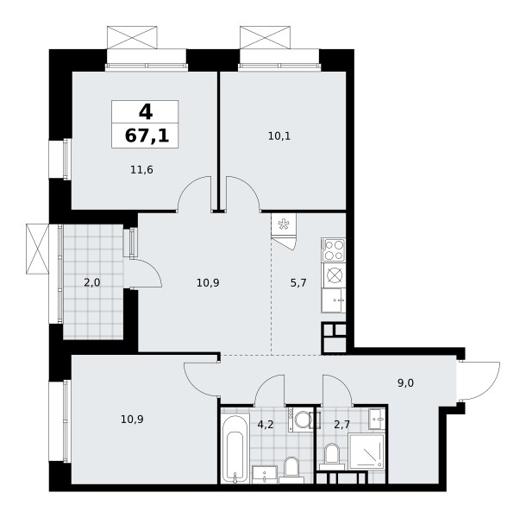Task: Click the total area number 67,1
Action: click(147, 136)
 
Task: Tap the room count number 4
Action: click(146, 111)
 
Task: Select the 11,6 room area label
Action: click(141, 170)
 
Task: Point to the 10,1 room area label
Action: click(279, 136)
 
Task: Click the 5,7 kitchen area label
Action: click(298, 283)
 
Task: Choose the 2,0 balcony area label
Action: click(92, 283)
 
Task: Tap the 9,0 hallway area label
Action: click(405, 383)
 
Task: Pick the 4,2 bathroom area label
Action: click(266, 425)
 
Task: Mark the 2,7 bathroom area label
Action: click(341, 425)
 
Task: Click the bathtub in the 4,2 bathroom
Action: click(235, 448)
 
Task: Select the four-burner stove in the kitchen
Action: click(334, 250)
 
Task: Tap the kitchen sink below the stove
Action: click(334, 300)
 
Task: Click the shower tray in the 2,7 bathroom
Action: click(366, 452)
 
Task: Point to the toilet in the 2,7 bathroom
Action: click(332, 456)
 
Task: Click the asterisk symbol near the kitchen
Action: click(284, 224)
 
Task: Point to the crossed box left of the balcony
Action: click(38, 249)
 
